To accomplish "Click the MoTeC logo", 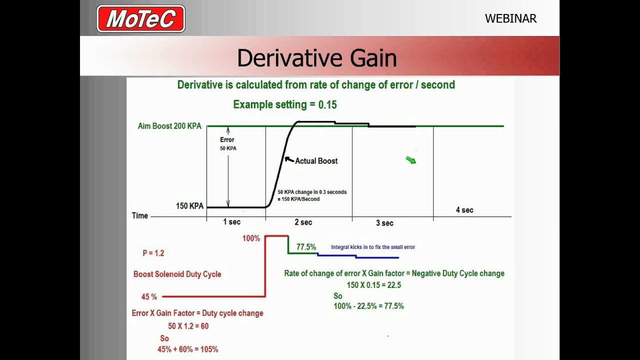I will [x=141, y=19].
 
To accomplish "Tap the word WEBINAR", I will [x=510, y=19].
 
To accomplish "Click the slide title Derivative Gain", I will [x=316, y=58].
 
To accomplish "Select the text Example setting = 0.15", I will [x=285, y=104].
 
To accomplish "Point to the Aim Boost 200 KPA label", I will [x=169, y=126].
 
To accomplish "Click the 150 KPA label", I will [x=189, y=206].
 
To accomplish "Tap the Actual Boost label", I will [x=316, y=161].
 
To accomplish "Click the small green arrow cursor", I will [x=410, y=159].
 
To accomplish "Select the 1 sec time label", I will [x=231, y=221].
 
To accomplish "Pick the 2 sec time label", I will [x=303, y=222].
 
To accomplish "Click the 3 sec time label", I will [x=384, y=223].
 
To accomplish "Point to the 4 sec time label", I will [x=464, y=210].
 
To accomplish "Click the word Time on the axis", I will [x=140, y=215].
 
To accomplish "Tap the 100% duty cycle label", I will [x=251, y=238].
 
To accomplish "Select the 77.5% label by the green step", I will [x=306, y=247].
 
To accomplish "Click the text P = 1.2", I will [x=153, y=253].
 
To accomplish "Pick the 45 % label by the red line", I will [x=149, y=296].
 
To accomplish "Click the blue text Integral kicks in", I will [x=372, y=247].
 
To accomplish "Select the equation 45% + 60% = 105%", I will [x=187, y=349].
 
